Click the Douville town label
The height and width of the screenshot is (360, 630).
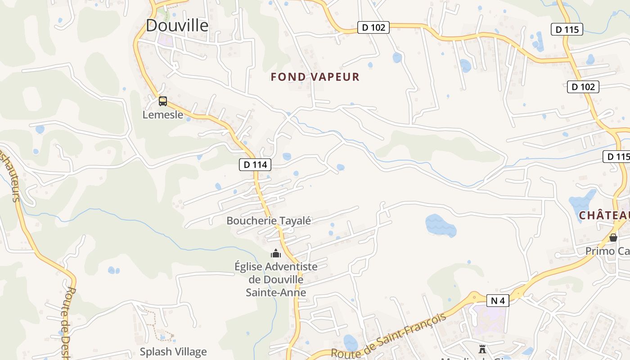point(177,25)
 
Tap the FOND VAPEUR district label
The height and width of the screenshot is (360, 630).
point(315,77)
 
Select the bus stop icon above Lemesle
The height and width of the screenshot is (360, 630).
point(163,101)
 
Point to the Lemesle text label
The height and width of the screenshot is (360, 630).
point(163,115)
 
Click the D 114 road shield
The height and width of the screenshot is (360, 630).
point(255,165)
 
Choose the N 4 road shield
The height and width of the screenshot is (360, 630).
point(498,301)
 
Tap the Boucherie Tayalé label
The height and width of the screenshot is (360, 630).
point(269,220)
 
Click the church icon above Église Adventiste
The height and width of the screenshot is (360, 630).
point(276,254)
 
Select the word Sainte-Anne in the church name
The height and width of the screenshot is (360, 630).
point(276,292)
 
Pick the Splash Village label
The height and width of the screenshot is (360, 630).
point(173,351)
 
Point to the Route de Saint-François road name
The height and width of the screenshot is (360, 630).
point(389,334)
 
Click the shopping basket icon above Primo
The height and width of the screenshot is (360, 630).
point(613,238)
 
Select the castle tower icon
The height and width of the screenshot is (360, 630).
point(482,349)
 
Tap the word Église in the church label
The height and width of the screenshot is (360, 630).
point(247,267)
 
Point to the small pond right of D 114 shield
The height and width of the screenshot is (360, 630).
point(287,157)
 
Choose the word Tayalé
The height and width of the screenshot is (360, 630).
point(295,220)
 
